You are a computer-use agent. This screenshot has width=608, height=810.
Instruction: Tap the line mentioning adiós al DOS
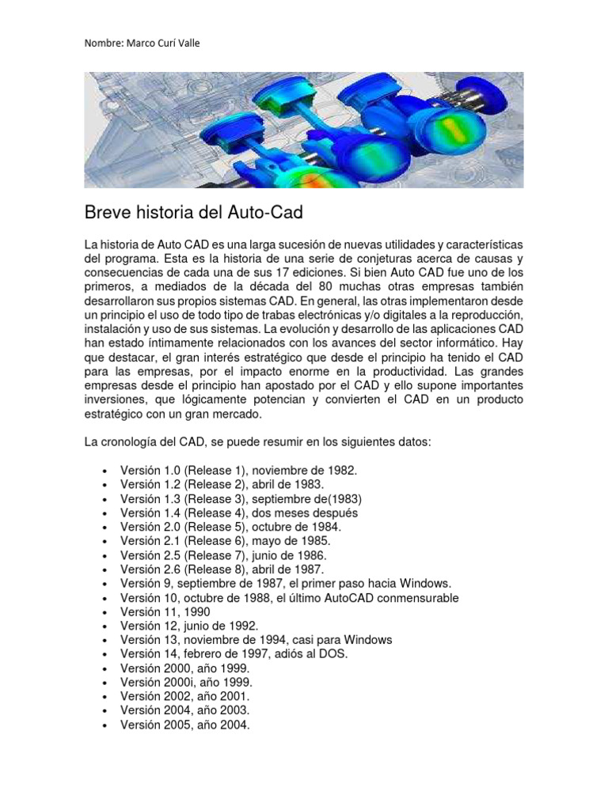[x=234, y=654]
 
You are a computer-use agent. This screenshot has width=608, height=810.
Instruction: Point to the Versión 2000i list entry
[x=186, y=682]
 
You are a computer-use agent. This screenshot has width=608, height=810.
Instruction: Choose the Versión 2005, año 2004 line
[x=184, y=725]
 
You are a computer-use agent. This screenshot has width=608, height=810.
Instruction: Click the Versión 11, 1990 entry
[x=165, y=611]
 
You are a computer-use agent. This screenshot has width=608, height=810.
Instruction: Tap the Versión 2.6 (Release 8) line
[x=222, y=569]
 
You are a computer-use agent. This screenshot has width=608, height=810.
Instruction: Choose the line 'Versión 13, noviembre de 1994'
[x=256, y=640]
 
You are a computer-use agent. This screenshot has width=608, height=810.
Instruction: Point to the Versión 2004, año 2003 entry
[x=184, y=710]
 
